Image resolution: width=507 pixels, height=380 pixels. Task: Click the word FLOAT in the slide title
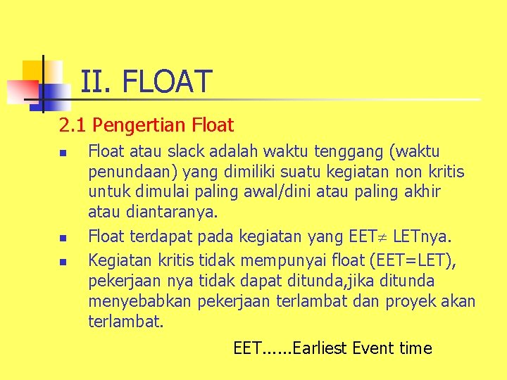167,82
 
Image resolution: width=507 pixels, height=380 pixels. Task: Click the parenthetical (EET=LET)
406,260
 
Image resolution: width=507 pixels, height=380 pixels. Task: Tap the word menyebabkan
141,302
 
